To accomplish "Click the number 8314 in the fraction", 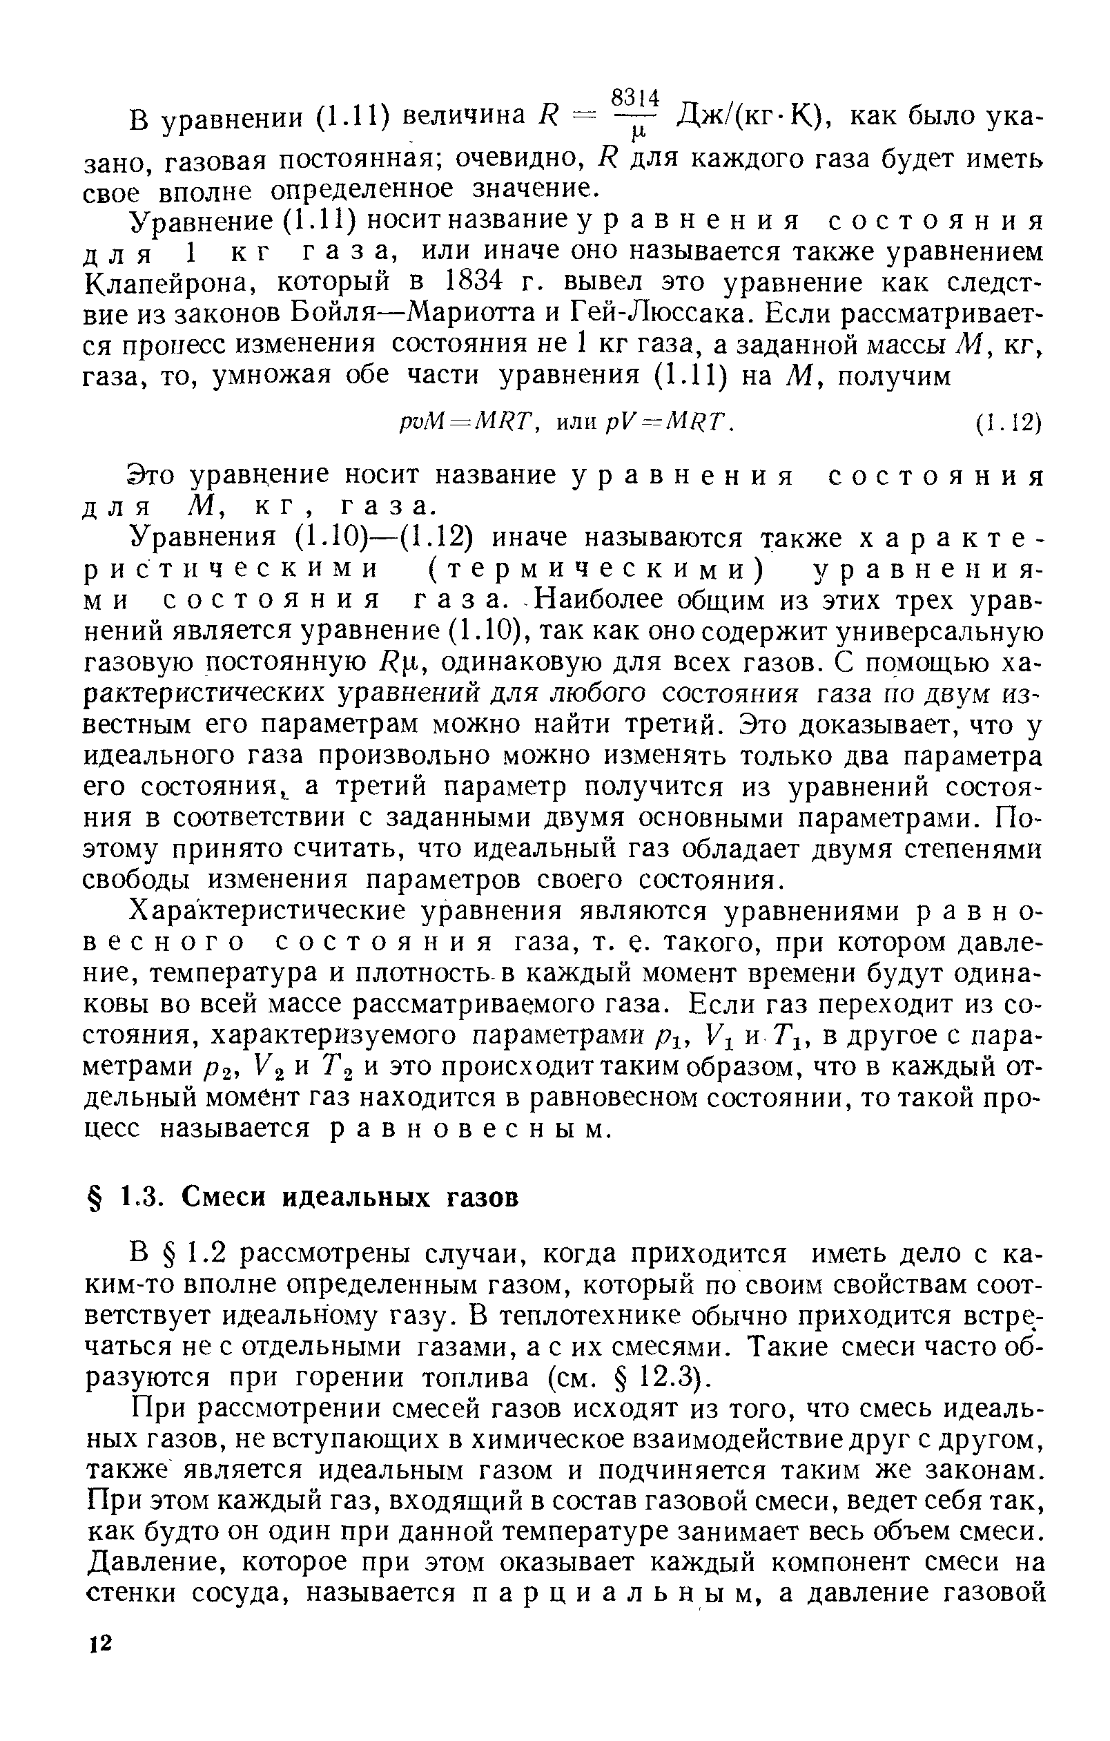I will [636, 97].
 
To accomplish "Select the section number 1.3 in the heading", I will [135, 1197].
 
